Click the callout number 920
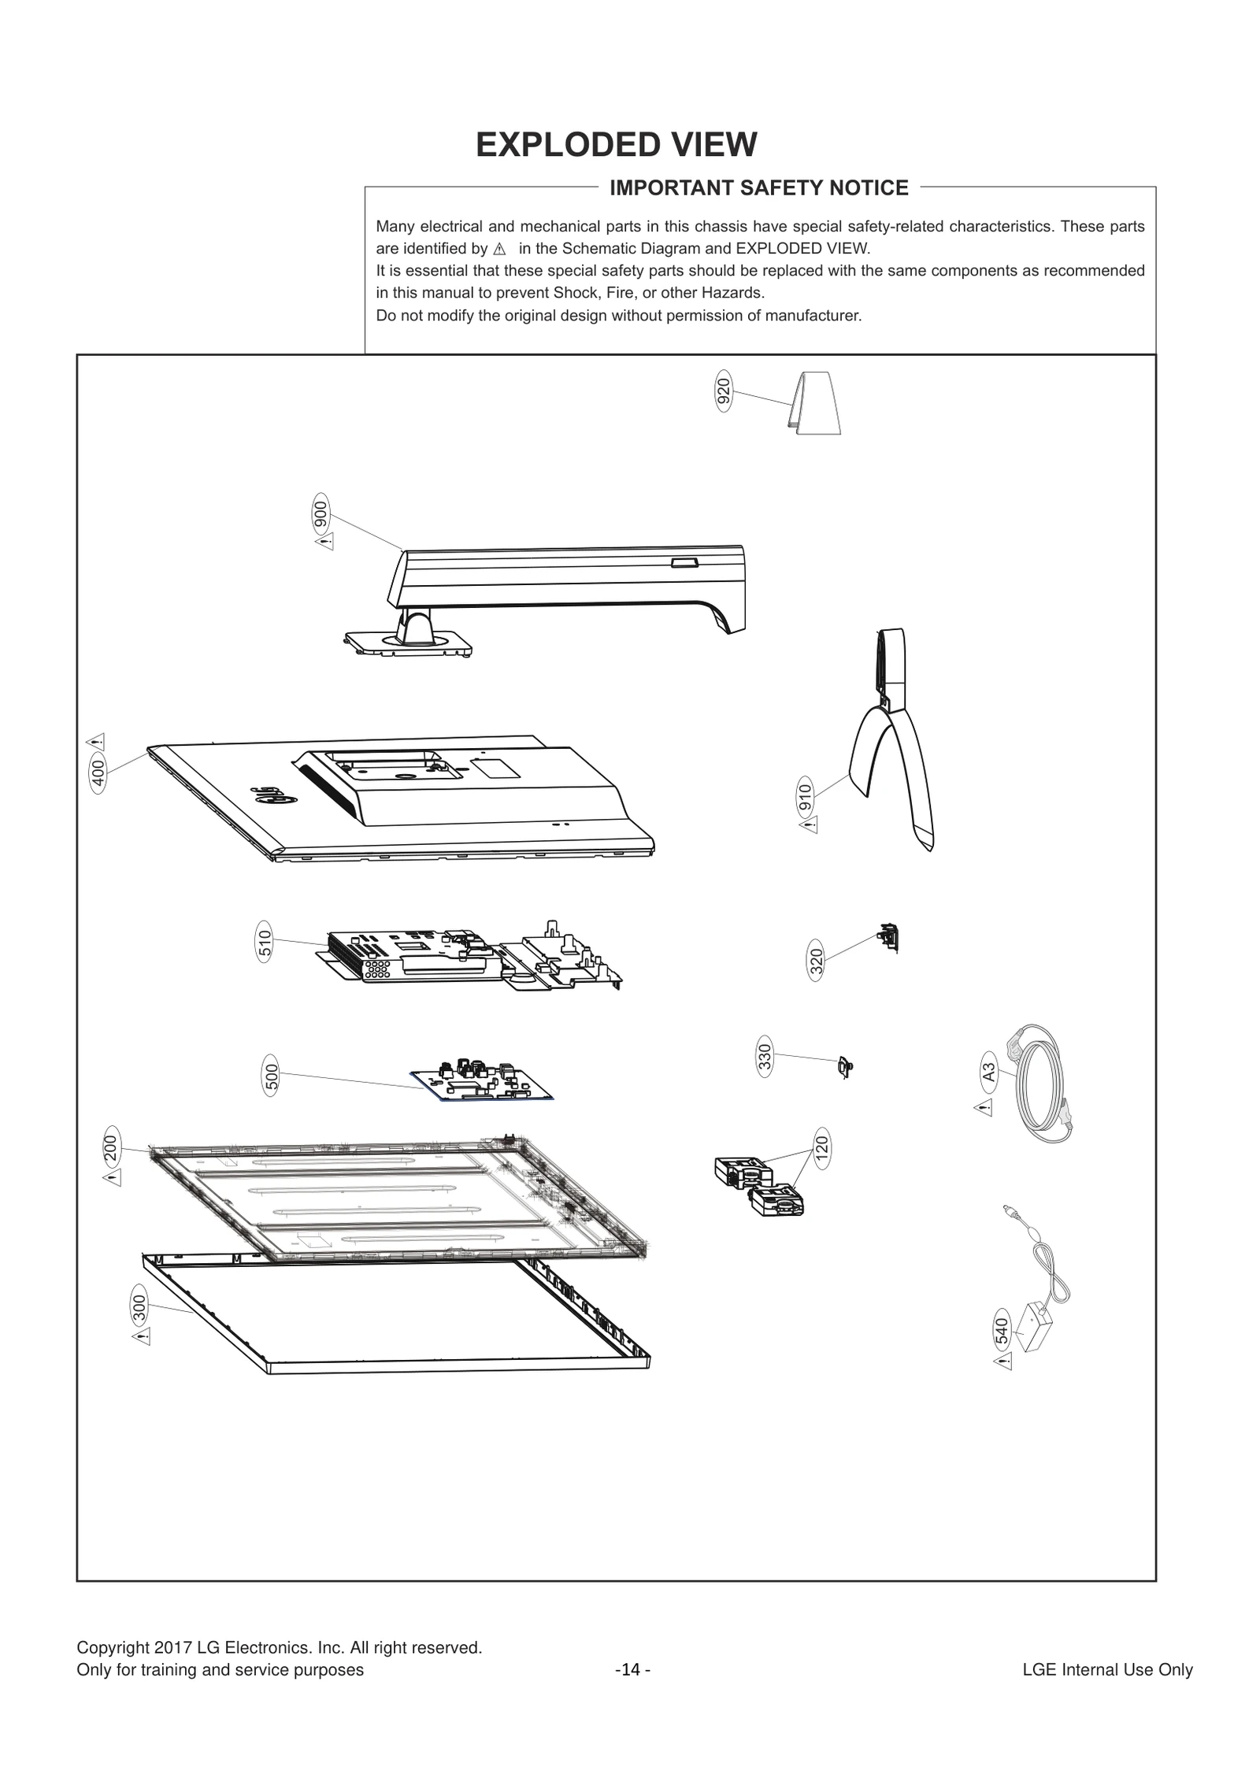click(x=723, y=392)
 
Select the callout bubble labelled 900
click(x=321, y=514)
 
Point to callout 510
click(x=265, y=942)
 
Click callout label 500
click(x=271, y=1077)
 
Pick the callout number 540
click(x=1002, y=1331)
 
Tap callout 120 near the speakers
click(x=821, y=1148)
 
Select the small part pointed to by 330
click(x=844, y=1068)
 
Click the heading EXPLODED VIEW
click(x=616, y=145)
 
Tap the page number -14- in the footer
click(x=632, y=1691)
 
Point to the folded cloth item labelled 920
click(x=816, y=402)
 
